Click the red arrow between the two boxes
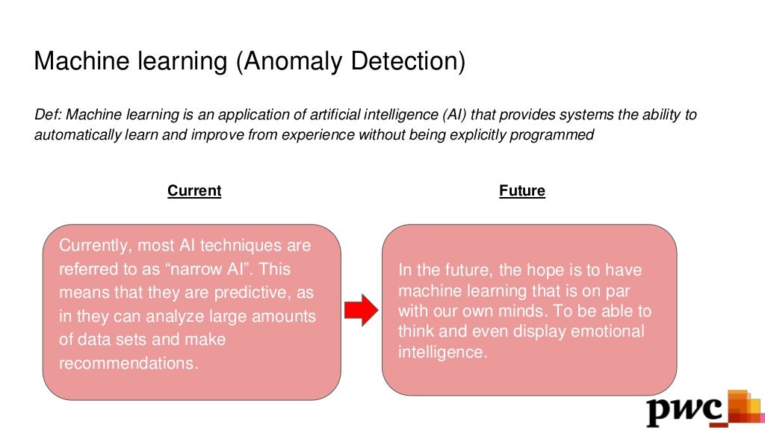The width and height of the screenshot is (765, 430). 362,310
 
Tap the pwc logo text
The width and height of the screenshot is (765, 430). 685,409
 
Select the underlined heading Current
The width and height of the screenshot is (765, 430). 194,191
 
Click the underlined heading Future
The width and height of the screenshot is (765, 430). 522,191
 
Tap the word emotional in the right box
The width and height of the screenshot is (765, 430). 607,331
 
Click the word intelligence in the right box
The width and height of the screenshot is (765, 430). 442,352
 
